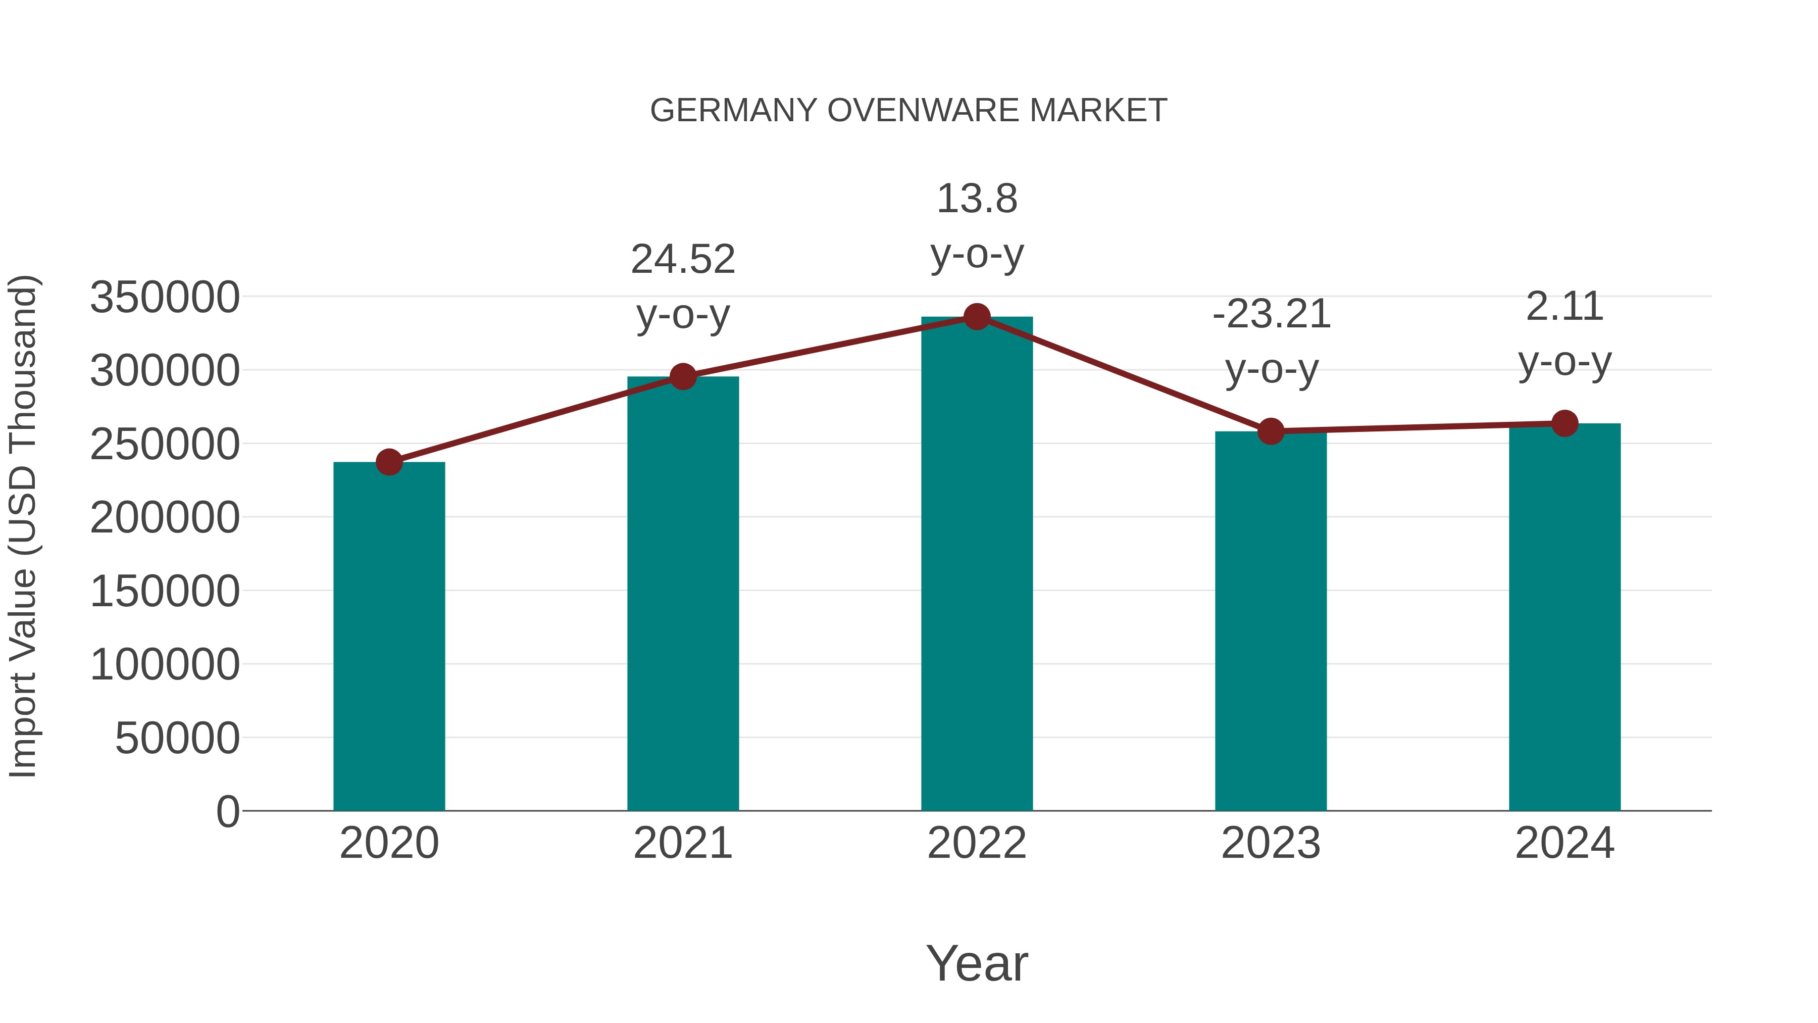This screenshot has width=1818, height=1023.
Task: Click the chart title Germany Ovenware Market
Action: (x=908, y=111)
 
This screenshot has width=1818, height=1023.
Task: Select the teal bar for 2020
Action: (x=389, y=636)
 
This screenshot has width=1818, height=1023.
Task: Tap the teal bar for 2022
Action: (x=977, y=565)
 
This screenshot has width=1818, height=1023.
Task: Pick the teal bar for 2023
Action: (x=1271, y=621)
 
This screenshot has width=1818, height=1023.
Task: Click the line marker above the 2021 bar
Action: (x=682, y=377)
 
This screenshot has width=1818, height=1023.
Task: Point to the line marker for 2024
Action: (x=1564, y=424)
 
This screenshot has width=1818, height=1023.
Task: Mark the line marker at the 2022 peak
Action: (x=977, y=317)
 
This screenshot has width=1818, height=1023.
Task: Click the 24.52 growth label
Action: (x=682, y=260)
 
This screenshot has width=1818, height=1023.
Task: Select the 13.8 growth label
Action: (x=977, y=199)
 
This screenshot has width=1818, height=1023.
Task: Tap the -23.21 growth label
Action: (x=1271, y=314)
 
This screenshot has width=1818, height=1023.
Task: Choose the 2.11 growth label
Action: (x=1564, y=307)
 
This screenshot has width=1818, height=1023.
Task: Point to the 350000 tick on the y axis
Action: (x=165, y=297)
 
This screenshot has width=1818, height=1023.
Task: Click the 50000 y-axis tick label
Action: (x=177, y=739)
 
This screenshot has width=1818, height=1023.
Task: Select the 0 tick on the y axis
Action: (x=228, y=812)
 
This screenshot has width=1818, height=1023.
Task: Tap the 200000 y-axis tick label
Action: (x=165, y=517)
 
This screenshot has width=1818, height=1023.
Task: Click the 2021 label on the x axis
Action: (x=682, y=844)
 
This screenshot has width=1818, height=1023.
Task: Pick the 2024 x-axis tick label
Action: (x=1564, y=844)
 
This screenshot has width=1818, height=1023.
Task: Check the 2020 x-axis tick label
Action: (x=389, y=844)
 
